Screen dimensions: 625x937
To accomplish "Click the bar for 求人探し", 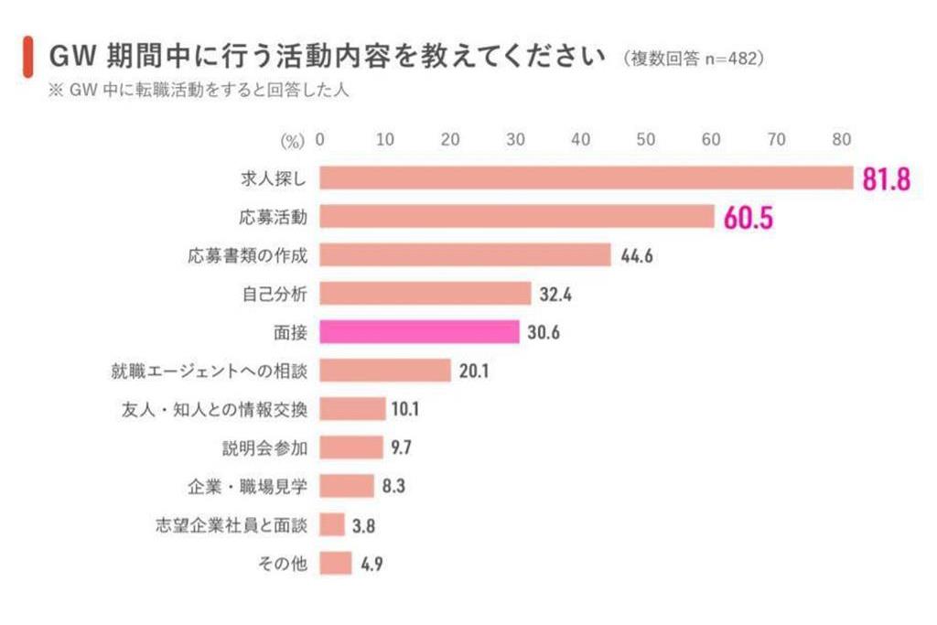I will pyautogui.click(x=586, y=178).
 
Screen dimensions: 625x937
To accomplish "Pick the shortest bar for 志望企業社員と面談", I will pyautogui.click(x=332, y=525).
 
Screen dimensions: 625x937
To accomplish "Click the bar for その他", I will pyautogui.click(x=336, y=564).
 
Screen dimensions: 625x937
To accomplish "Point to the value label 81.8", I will pyautogui.click(x=886, y=178).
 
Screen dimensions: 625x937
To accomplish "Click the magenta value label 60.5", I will pyautogui.click(x=748, y=217).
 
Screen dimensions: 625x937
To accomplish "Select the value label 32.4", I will pyautogui.click(x=556, y=294).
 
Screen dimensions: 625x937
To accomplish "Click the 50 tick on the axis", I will pyautogui.click(x=645, y=140).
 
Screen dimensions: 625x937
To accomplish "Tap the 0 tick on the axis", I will pyautogui.click(x=320, y=140).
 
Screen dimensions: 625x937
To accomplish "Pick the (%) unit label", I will pyautogui.click(x=291, y=141).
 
